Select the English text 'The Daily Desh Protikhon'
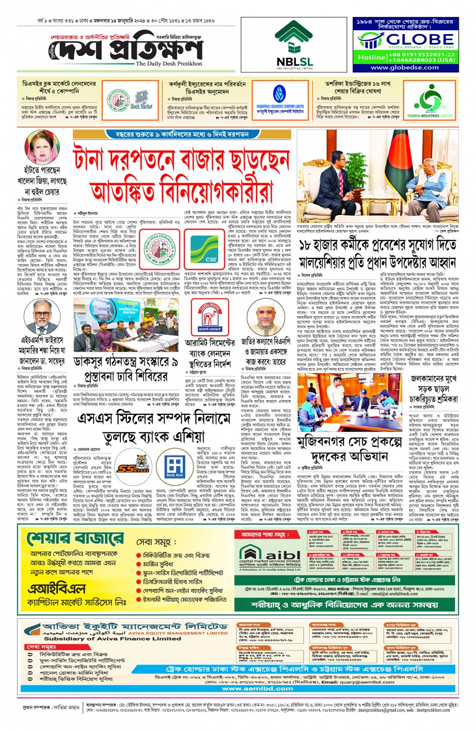pos(169,64)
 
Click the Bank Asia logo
pos(175,467)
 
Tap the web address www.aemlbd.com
pos(257,688)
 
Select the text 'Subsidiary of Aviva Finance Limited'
pos(105,638)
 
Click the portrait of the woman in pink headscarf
pos(42,148)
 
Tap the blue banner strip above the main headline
pos(182,134)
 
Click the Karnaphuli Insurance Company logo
pos(280,100)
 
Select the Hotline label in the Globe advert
pos(372,57)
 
